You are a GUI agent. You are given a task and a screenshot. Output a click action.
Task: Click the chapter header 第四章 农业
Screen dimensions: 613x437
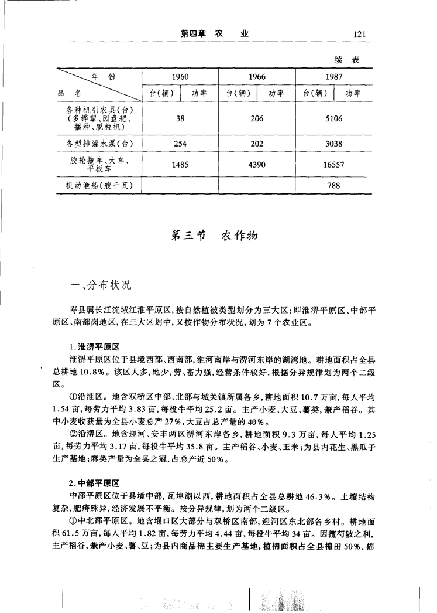(215, 34)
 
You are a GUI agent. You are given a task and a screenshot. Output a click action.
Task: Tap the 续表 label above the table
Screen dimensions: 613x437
(346, 60)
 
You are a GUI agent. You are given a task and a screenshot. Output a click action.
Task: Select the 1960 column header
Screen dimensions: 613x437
(180, 77)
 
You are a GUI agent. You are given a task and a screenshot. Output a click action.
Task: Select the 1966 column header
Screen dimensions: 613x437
(257, 77)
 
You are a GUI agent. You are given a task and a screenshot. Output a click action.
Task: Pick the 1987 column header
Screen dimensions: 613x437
(333, 77)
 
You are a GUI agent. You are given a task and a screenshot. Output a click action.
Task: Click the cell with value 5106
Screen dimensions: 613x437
(333, 118)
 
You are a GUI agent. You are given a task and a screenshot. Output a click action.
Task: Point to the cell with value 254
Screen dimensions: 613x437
(180, 143)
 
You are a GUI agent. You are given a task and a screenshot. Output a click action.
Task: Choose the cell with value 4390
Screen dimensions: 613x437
(257, 165)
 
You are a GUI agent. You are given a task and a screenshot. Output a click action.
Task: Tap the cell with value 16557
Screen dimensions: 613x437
(333, 165)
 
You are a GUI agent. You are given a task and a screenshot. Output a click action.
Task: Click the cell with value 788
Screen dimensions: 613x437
(333, 186)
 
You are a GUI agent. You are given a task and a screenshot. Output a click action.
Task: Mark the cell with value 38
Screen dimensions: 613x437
(180, 118)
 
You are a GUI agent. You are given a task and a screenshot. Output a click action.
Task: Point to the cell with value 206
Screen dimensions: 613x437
(257, 118)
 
